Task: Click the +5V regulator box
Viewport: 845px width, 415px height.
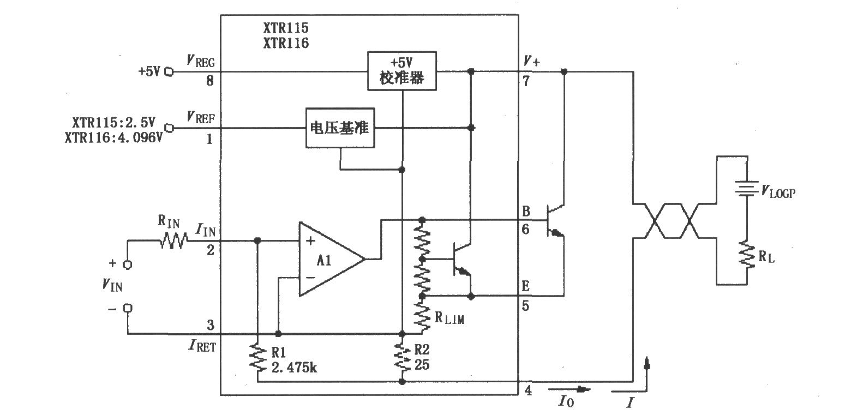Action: click(x=402, y=71)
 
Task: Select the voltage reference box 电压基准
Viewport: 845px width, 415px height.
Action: click(x=340, y=128)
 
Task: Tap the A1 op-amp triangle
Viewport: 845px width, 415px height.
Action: click(x=327, y=260)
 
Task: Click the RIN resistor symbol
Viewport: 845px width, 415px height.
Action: click(x=174, y=240)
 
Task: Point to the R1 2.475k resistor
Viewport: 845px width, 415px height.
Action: click(x=257, y=358)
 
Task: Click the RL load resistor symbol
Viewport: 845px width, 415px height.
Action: click(x=746, y=255)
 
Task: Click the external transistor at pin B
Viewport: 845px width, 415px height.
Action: click(x=554, y=221)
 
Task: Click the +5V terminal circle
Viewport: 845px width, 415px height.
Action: click(x=169, y=71)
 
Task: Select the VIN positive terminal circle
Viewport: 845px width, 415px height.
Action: click(x=128, y=264)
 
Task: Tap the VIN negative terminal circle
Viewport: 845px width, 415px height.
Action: click(x=128, y=308)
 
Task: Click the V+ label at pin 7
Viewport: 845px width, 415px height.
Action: click(x=531, y=62)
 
